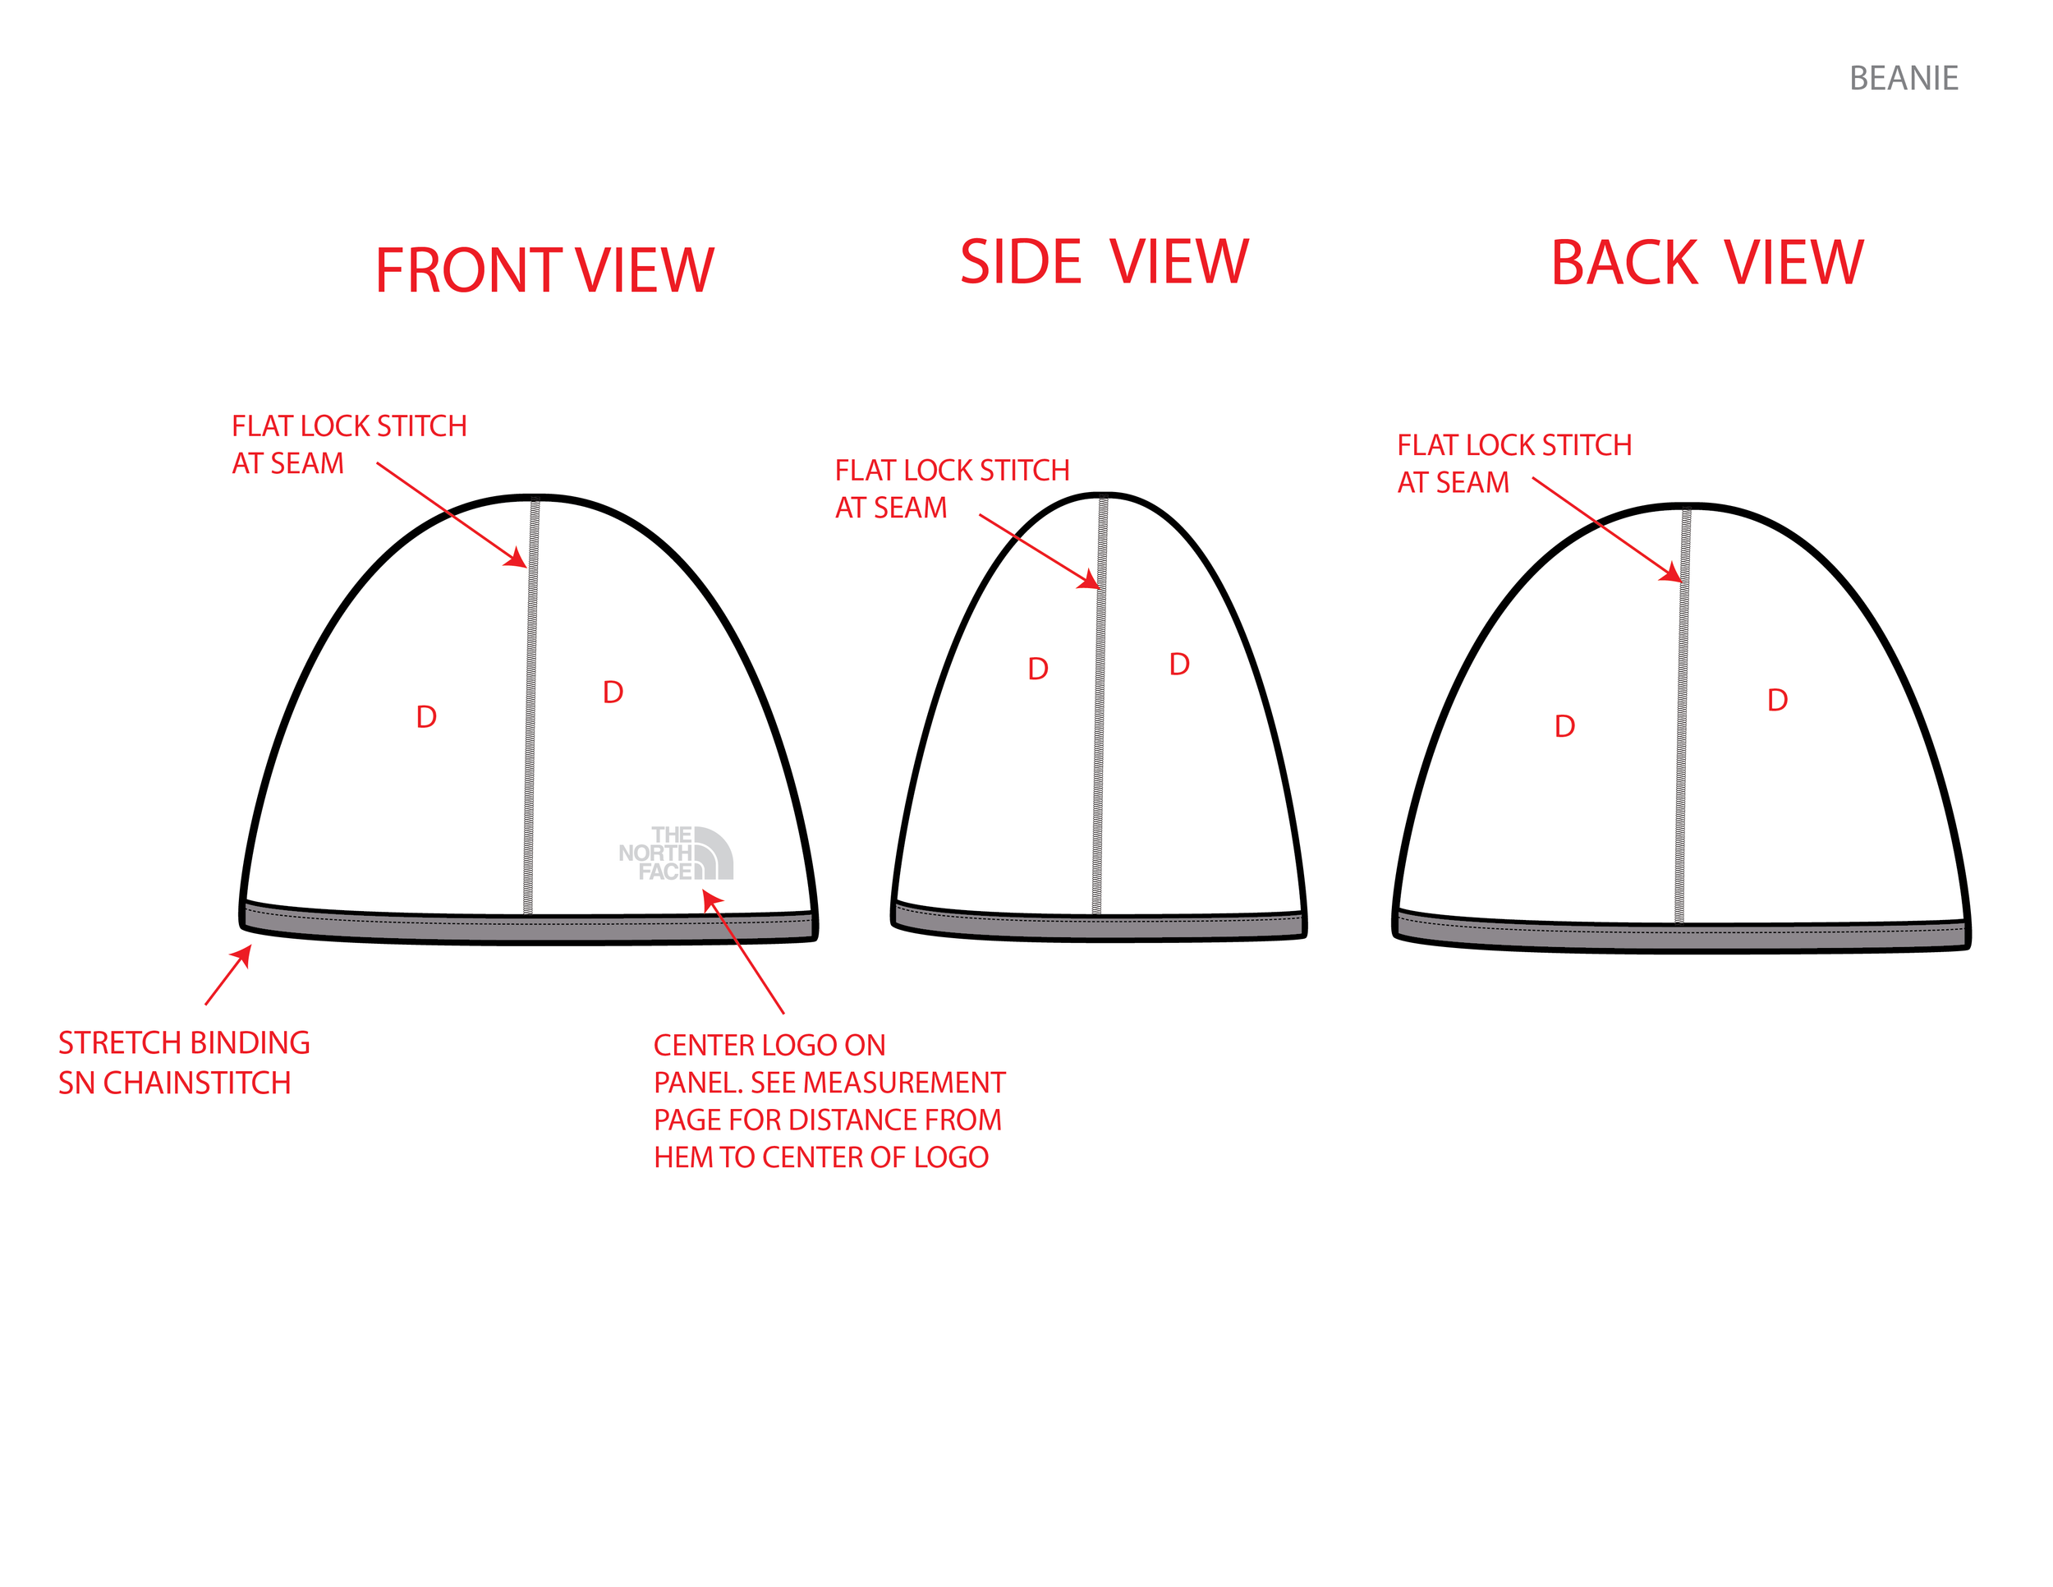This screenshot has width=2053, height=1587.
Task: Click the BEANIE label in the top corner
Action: [x=1903, y=78]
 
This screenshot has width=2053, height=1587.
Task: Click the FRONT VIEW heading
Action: [x=544, y=271]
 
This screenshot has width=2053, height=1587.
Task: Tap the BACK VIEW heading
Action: [x=1706, y=262]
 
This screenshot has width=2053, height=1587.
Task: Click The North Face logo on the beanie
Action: [x=676, y=853]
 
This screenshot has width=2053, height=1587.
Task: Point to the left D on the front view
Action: [x=426, y=717]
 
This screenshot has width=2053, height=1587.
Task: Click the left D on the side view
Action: [x=1038, y=669]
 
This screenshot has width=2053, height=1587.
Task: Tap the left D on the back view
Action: [x=1564, y=727]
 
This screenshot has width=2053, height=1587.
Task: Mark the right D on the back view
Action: [x=1776, y=701]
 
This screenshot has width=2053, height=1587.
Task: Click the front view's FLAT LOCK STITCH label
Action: [x=349, y=444]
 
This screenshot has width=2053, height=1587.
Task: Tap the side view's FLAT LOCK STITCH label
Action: [x=951, y=489]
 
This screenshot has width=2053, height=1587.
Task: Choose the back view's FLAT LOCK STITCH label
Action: [x=1513, y=463]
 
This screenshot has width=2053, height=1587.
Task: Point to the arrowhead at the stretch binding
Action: [x=245, y=954]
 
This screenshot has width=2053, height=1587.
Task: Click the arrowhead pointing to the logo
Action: [x=710, y=899]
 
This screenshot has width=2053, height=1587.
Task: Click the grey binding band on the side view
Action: [x=1098, y=925]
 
